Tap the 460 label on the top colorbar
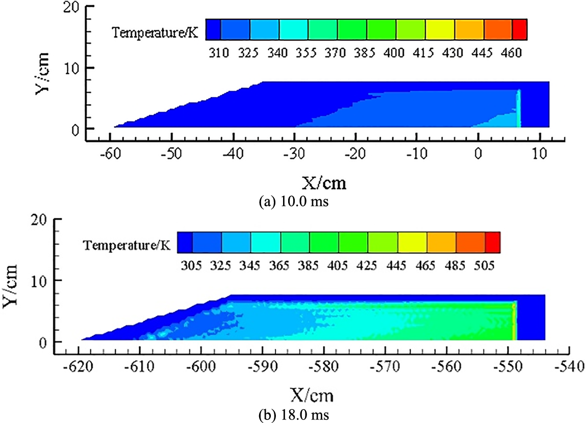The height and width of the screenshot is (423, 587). tap(512, 52)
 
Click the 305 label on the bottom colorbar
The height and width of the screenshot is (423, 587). tap(192, 266)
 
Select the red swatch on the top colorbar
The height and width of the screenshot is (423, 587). tap(519, 29)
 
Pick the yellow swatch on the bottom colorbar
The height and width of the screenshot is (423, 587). tap(412, 242)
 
